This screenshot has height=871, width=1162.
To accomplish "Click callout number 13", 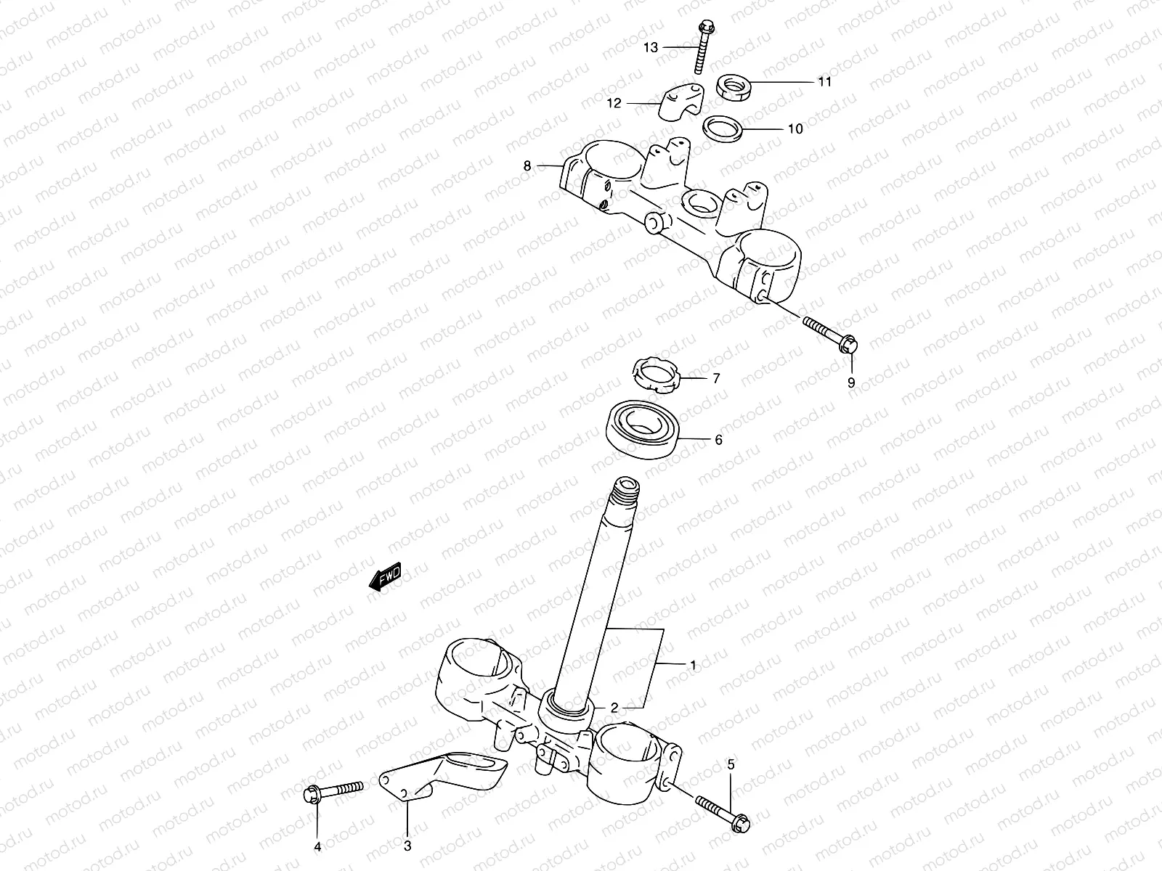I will pos(650,48).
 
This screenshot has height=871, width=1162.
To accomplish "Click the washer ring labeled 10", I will pos(721,128).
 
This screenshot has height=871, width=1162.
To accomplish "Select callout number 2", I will pos(614,708).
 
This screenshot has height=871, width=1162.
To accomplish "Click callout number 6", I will pos(718,441).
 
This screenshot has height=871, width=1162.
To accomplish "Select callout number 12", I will pos(614,104).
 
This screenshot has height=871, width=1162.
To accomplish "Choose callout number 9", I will pos(851,383).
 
